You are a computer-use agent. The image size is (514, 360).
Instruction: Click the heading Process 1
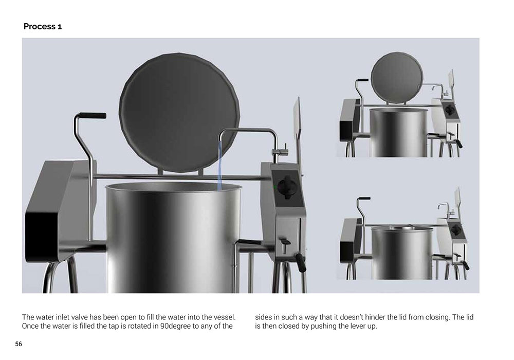43,27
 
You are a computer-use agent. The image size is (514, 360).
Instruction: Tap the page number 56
19,344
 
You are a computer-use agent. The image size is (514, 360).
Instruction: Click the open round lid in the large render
179,113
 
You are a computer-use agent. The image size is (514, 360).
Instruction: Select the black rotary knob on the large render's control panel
286,187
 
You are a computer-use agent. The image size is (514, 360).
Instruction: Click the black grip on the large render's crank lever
93,115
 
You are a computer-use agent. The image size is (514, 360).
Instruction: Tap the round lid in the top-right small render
397,77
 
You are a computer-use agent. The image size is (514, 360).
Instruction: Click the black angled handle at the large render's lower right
301,263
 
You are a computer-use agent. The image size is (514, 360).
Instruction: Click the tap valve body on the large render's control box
281,152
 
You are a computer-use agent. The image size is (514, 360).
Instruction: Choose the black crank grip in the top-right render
362,80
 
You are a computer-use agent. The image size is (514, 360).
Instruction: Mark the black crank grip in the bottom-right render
364,199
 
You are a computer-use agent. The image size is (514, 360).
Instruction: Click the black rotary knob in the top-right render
450,110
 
